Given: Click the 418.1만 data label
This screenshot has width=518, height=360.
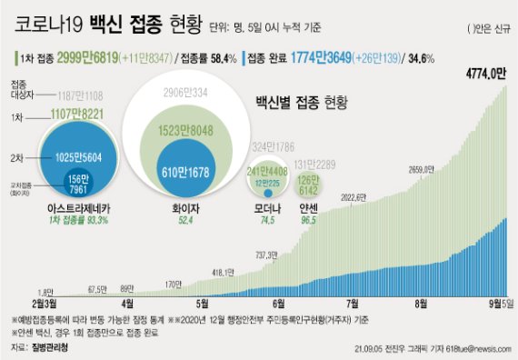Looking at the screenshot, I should pyautogui.click(x=224, y=271).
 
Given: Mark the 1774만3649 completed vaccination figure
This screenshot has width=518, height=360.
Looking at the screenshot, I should pyautogui.click(x=341, y=57).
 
